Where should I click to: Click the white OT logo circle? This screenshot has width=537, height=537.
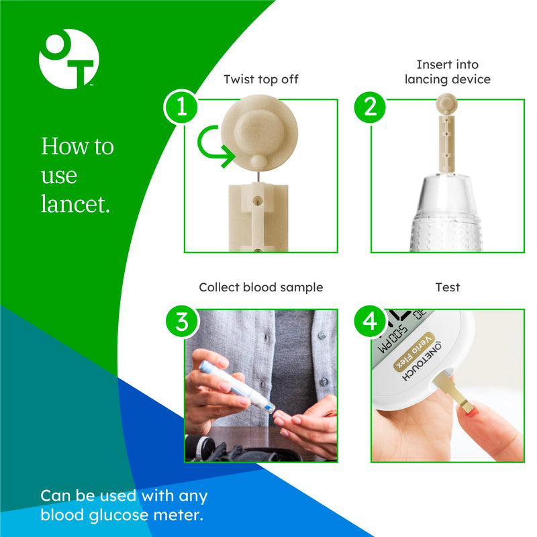(68, 59)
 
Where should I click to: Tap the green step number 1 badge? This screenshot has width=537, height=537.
(181, 107)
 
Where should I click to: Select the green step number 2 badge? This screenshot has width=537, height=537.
(370, 107)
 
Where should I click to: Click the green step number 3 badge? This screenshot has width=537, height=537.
(181, 322)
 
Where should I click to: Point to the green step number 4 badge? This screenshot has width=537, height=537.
(370, 322)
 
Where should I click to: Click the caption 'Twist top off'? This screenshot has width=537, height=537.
(260, 79)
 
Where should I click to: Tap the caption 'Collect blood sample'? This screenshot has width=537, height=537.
(260, 287)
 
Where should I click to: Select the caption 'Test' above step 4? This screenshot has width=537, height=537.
(447, 287)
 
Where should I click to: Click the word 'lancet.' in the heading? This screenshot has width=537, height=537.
(75, 205)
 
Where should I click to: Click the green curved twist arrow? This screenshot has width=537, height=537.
(215, 144)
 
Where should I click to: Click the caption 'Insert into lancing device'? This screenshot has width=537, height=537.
(447, 72)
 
